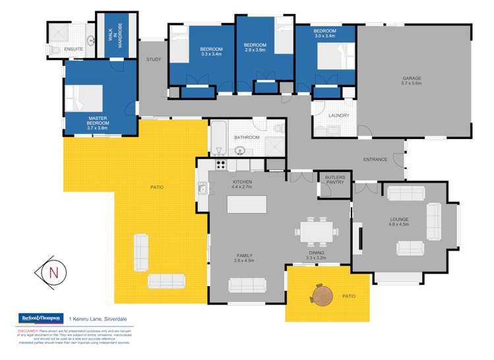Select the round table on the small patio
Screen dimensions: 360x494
(321, 295)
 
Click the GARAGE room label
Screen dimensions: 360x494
(412, 81)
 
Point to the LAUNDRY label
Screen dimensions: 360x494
(338, 115)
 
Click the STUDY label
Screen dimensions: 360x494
(154, 60)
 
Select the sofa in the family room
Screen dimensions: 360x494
(247, 285)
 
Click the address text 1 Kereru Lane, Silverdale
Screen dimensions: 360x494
(102, 320)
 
